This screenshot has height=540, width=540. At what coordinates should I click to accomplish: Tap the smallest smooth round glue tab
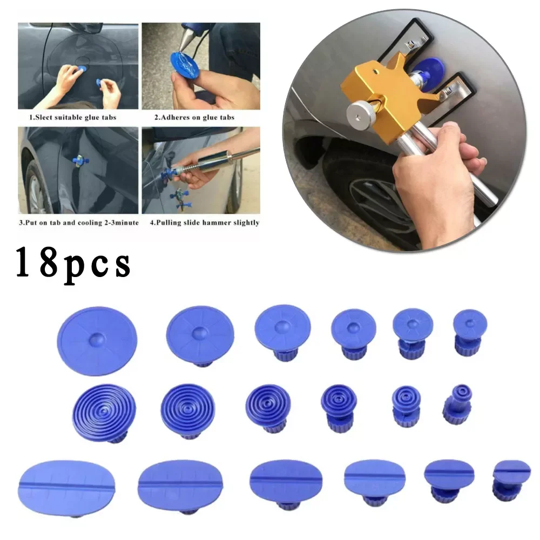pyautogui.click(x=470, y=324)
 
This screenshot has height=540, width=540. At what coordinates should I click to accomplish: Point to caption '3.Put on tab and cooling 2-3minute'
pyautogui.click(x=78, y=222)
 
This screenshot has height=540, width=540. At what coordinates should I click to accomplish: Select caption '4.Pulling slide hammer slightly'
pyautogui.click(x=201, y=222)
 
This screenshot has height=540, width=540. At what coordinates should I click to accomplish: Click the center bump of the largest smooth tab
pyautogui.click(x=97, y=339)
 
